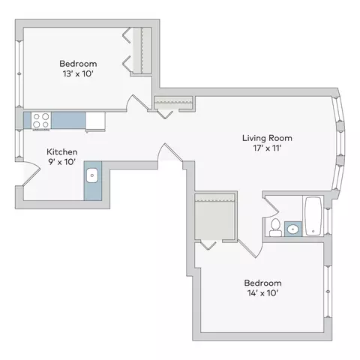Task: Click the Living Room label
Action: [267, 138]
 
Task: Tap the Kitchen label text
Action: [62, 151]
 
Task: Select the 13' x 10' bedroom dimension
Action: [78, 73]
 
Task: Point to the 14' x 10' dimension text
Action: [262, 293]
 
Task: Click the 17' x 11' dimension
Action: [267, 148]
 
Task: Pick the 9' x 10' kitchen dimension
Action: [62, 162]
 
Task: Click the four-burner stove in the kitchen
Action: [41, 121]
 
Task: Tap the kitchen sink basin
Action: [92, 175]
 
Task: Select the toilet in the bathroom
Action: [275, 227]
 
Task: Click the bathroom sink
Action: [293, 229]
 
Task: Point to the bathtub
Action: [313, 216]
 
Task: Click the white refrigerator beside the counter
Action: [95, 121]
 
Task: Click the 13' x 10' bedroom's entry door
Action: [138, 103]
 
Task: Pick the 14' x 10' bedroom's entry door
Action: [250, 249]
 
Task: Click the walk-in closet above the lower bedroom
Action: [214, 217]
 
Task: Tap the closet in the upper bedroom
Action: [142, 51]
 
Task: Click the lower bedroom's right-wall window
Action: [328, 292]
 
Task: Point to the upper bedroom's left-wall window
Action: [19, 73]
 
